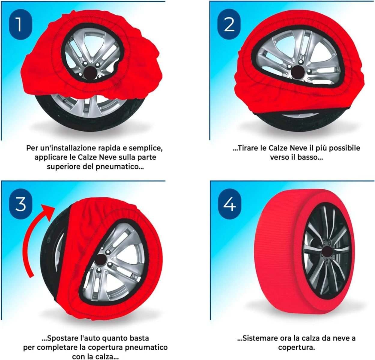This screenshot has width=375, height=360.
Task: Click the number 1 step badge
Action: pos(20,24)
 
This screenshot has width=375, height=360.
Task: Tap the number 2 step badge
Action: pos(229,24)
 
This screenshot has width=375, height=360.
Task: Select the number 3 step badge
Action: pos(20,204)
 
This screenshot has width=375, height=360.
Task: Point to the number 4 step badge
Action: pos(229,204)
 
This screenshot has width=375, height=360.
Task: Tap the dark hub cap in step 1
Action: pos(90,73)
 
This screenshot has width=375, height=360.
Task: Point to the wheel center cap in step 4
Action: pos(327,251)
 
